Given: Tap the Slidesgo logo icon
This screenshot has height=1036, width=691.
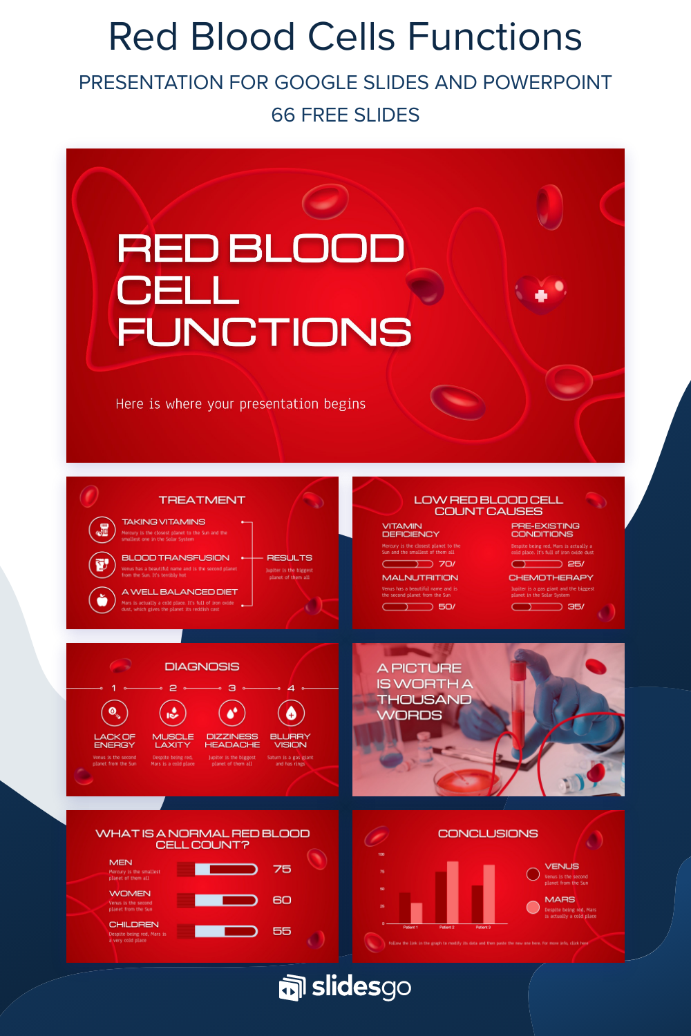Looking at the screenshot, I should tap(292, 988).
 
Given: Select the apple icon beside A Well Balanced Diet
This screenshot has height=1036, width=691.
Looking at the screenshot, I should tap(102, 599).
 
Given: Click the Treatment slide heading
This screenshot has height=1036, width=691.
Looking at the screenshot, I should tap(202, 500).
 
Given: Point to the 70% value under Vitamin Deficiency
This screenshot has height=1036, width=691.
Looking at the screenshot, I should tap(446, 564).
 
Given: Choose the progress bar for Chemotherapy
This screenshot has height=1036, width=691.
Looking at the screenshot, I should tap(536, 607).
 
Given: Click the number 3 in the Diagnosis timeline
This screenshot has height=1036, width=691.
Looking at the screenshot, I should tap(232, 688).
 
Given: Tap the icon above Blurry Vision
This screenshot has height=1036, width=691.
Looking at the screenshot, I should tap(291, 713).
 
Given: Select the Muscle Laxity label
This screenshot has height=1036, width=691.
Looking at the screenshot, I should tap(173, 741).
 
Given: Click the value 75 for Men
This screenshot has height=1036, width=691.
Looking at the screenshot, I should tap(282, 869).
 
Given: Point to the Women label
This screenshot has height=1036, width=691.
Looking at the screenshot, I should tap(130, 894).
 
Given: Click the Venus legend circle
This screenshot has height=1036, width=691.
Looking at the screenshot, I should tap(533, 874).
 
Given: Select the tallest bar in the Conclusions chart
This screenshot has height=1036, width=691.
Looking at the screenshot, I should tap(453, 892).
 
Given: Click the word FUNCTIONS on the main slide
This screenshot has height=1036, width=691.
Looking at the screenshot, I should tap(264, 332).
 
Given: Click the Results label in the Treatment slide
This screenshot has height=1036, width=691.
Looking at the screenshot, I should tap(290, 558).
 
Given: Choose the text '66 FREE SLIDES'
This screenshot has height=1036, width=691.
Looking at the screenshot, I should tap(345, 115).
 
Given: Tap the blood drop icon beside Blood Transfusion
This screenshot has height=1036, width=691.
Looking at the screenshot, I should tap(102, 564).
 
